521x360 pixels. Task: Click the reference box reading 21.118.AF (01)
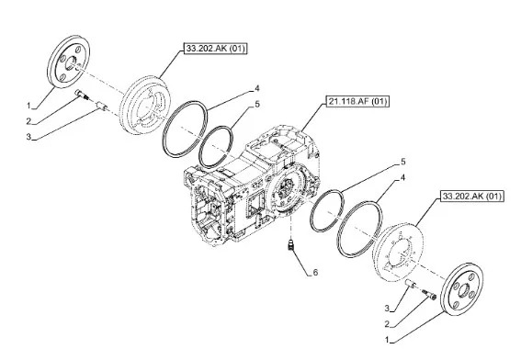click(357, 101)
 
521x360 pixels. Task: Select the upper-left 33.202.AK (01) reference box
click(216, 49)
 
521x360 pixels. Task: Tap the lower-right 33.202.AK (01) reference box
click(472, 196)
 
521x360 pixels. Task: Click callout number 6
click(315, 273)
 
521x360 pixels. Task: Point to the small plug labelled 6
click(291, 246)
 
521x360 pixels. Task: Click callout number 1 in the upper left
click(28, 106)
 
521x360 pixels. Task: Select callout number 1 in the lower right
click(387, 340)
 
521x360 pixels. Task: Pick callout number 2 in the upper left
click(28, 121)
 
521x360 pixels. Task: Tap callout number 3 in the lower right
click(387, 309)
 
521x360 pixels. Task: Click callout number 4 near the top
click(257, 88)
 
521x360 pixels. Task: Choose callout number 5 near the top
click(257, 105)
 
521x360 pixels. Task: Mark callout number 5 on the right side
click(403, 162)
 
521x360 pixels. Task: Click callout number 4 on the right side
click(403, 177)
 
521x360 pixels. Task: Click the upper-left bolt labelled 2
click(82, 95)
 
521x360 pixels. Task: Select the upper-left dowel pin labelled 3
click(101, 106)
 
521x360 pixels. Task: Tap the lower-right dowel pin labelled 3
click(411, 283)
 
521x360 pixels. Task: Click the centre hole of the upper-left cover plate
click(71, 63)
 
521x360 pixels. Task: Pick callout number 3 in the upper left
click(28, 137)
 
